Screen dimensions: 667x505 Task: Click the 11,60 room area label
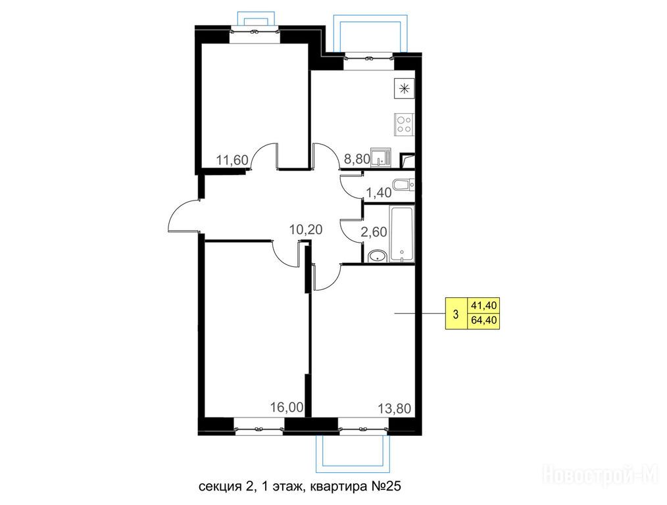point(232,160)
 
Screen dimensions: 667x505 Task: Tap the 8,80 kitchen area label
point(357,159)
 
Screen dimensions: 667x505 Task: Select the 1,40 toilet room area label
point(379,193)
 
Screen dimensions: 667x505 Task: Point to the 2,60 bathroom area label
point(374,231)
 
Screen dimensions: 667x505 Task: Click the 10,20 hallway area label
point(306,229)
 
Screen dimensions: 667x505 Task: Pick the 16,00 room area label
point(287,407)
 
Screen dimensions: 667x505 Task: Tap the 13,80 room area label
point(395,408)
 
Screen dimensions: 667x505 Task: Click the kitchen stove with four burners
point(404,124)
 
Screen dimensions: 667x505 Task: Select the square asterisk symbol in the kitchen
point(404,89)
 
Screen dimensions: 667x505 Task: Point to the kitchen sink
point(380,158)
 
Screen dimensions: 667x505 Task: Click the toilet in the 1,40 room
point(403,185)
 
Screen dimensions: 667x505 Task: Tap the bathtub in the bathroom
point(402,234)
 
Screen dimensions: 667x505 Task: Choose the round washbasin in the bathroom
point(377,256)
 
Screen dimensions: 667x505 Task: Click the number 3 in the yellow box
point(456,314)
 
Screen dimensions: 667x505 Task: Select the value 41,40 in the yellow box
point(484,305)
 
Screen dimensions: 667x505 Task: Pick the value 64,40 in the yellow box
point(484,320)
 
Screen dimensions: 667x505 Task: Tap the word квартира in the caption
point(336,487)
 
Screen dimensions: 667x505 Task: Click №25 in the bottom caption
point(383,486)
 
